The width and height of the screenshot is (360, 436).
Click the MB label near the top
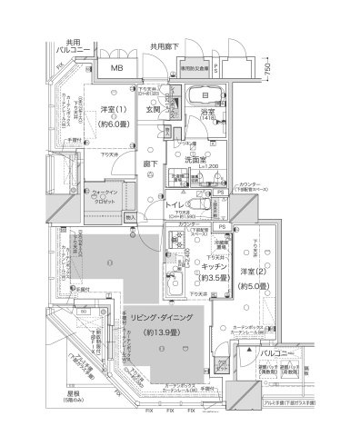click(117, 68)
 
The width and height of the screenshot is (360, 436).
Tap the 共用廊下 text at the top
click(167, 45)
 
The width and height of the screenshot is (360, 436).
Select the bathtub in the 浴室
click(193, 97)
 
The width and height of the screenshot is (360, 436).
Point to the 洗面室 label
click(199, 159)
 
